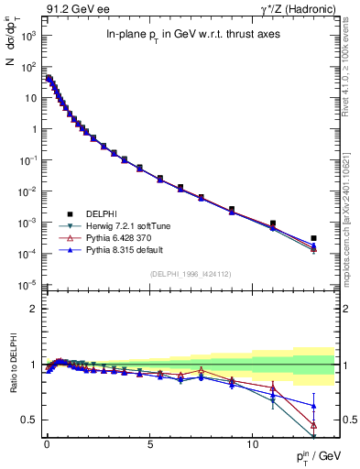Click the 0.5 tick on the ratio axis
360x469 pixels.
coord(28,420)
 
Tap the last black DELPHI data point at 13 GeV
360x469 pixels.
coord(314,238)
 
